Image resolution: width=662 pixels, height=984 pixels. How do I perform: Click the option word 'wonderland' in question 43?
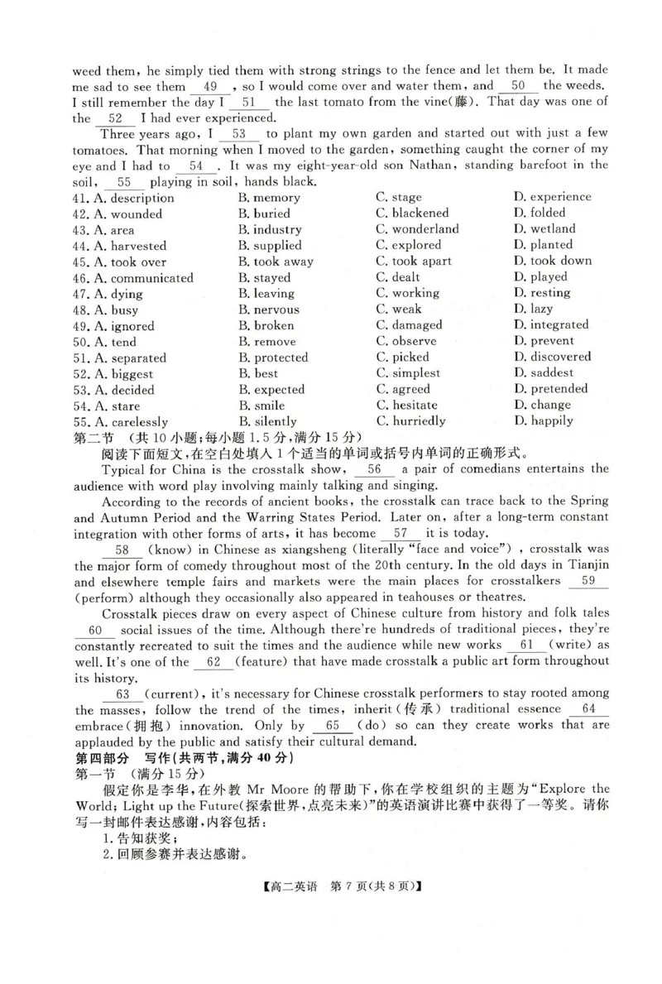(x=425, y=229)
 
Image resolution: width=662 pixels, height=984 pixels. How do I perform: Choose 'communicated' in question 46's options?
(x=151, y=278)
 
